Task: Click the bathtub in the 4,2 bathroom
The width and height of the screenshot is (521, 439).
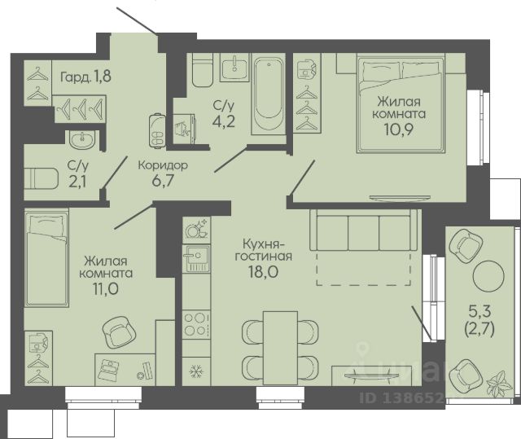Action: point(269,94)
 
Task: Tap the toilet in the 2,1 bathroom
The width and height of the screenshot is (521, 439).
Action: point(42,178)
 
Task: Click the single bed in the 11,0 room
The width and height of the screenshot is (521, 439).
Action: point(46,258)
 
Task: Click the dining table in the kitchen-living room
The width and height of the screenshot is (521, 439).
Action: point(280,348)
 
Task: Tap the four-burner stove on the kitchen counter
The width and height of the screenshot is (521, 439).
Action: point(196,325)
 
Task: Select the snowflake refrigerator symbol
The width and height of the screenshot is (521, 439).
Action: point(196,371)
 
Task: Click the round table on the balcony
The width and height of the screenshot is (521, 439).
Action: point(488,275)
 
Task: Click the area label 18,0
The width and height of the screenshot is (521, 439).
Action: point(264,272)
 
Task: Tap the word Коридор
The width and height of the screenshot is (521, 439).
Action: point(163,165)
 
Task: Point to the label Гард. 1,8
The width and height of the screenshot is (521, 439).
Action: point(85,77)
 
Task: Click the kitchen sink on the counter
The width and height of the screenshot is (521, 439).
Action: point(196,258)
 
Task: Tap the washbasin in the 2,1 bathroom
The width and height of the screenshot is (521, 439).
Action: point(82,139)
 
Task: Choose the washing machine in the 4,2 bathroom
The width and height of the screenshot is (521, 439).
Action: point(185,128)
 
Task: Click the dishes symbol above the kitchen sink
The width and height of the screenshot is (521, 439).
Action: point(196,228)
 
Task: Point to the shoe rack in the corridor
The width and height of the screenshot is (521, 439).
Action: point(157,130)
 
